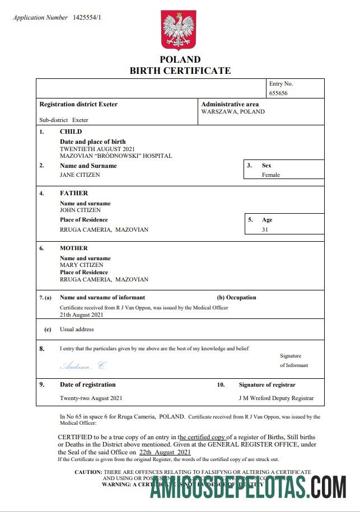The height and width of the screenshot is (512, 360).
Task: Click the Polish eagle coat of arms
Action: (179, 30)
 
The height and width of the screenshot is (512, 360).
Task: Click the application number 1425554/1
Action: (87, 18)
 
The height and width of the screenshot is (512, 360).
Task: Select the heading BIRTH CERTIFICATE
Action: (180, 71)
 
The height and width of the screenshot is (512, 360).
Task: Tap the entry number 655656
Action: (278, 93)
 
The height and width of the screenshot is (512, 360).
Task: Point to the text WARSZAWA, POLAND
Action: (233, 112)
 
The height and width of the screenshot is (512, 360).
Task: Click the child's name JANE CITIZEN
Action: (80, 175)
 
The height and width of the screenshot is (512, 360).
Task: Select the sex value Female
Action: (271, 175)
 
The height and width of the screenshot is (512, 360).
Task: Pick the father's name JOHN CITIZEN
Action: (80, 210)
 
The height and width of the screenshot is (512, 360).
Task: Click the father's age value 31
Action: (265, 229)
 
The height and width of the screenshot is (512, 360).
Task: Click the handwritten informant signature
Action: (82, 365)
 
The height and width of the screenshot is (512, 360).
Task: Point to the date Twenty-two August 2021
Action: (91, 398)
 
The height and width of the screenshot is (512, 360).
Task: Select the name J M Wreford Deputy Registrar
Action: (276, 398)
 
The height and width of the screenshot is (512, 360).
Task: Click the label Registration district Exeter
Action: (78, 105)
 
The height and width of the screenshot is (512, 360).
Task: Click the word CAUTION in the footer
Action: (88, 472)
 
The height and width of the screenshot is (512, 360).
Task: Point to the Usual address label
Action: (77, 330)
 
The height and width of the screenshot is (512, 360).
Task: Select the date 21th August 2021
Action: (82, 315)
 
